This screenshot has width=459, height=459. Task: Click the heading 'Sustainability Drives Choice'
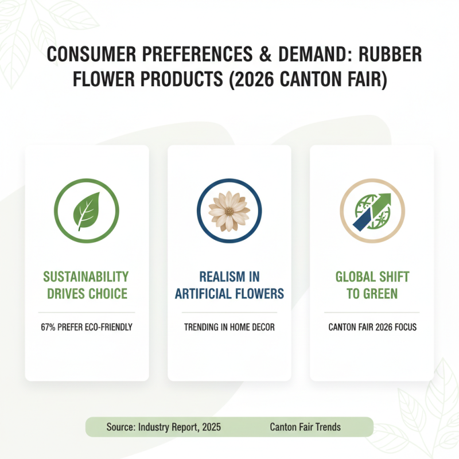[87, 285]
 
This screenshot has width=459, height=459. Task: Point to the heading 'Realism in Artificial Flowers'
[229, 285]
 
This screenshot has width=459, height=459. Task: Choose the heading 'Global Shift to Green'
[372, 285]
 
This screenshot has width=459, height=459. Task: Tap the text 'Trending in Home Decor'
[229, 328]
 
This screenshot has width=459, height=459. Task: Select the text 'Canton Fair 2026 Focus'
[372, 328]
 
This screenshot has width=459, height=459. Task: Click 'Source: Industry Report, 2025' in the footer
[164, 427]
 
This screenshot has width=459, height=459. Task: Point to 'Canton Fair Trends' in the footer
[305, 427]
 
